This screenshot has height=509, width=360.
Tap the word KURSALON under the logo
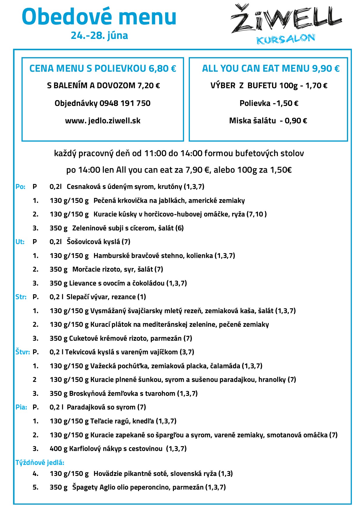point(286,39)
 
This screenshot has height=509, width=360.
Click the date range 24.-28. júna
point(99,35)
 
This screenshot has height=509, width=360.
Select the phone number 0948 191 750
point(125,103)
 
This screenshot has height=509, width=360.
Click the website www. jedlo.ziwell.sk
point(103,121)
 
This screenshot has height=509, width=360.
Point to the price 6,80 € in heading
point(162,68)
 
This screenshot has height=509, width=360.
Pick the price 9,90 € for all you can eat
point(325,68)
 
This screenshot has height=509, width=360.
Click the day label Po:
point(20,187)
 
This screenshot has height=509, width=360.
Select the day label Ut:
point(20,242)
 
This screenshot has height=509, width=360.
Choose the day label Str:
point(21,297)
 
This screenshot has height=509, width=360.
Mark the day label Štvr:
point(23,352)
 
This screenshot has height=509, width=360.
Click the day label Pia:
point(21,407)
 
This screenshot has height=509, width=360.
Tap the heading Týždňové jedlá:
point(40,463)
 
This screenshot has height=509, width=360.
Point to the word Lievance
point(82,283)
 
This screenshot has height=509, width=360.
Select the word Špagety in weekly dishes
point(85,487)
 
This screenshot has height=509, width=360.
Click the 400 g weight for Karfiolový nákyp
point(58,449)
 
